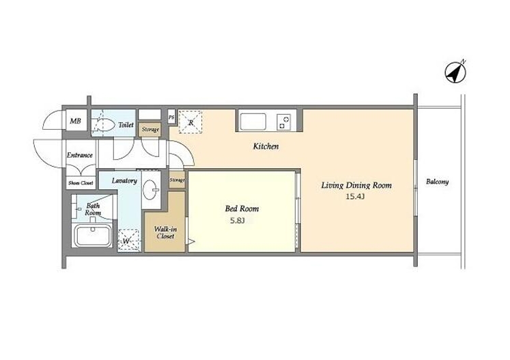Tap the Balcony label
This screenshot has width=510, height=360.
(437, 182)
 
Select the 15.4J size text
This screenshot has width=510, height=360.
(356, 196)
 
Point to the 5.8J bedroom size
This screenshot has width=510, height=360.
(237, 221)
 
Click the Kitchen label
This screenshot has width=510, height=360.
(266, 146)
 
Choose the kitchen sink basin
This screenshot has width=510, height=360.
(253, 122)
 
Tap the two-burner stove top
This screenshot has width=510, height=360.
(283, 122)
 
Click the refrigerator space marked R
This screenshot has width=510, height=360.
(190, 122)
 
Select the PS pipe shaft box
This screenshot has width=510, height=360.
(171, 117)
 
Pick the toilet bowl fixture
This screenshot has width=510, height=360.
(103, 124)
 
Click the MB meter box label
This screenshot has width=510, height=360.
(76, 121)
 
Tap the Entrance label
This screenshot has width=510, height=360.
(80, 155)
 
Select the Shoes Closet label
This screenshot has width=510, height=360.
(81, 183)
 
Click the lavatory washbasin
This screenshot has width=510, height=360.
(151, 189)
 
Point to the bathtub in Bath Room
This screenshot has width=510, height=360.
(93, 236)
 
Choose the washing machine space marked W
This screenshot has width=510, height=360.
(128, 240)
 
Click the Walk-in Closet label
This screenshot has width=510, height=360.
(165, 233)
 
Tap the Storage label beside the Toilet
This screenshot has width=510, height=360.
(150, 130)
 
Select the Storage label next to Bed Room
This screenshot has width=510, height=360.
(177, 180)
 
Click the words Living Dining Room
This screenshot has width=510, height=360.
(356, 185)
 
